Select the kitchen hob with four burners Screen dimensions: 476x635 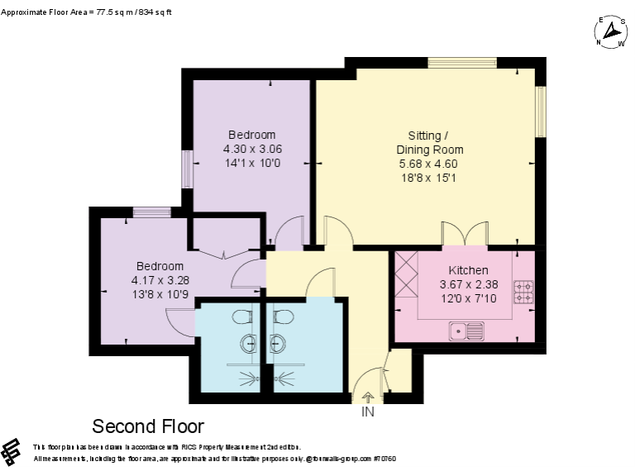pos(524,291)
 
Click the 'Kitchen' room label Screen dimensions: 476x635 pos(468,270)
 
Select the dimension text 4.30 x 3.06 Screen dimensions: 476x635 pos(251,150)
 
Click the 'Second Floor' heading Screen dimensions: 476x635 pos(147,426)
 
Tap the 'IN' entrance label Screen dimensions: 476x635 pos(368,412)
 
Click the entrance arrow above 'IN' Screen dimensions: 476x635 pos(368,398)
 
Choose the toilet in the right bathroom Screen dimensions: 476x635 pos(282,317)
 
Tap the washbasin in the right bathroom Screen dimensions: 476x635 pos(275,345)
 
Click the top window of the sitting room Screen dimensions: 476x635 pos(461,62)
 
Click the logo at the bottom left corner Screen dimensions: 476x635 pos(11,451)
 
